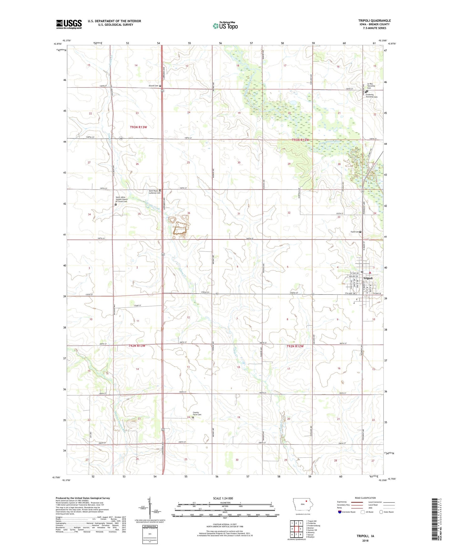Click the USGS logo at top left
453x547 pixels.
coord(69,24)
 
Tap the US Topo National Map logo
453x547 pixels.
coord(225,25)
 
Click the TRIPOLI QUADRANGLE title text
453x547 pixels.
coord(374,21)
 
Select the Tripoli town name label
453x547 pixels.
coord(368,278)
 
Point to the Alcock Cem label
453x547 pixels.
coord(153,86)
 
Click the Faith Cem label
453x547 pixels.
coord(355,232)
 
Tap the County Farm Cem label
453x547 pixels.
coord(197,414)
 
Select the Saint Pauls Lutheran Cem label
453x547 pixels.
coord(154,192)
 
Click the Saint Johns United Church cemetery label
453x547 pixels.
coord(121,199)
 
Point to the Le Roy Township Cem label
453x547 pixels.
coord(371,86)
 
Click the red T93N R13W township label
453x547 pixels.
coord(138,127)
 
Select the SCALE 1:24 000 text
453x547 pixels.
coord(223,498)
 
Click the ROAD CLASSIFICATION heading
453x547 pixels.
coord(365,498)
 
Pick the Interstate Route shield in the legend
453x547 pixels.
coord(340,512)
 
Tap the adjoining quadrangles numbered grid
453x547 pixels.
coord(296,529)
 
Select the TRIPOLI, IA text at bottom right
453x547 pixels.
coord(365,536)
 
